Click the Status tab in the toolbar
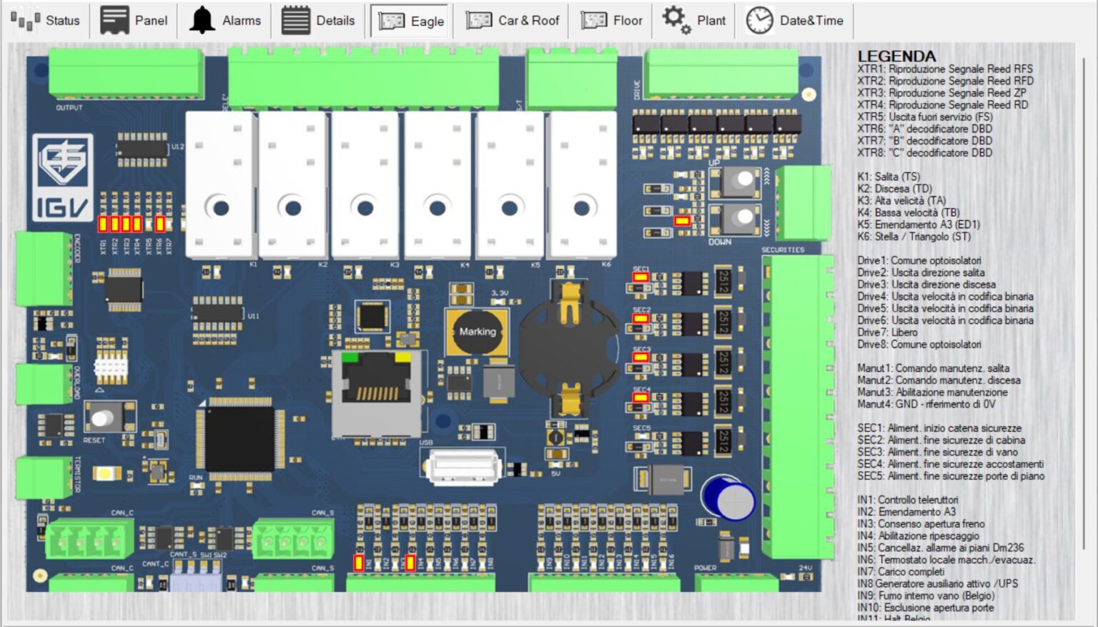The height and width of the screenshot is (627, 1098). (46, 21)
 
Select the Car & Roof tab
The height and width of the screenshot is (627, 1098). (513, 21)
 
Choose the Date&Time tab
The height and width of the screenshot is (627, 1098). (795, 21)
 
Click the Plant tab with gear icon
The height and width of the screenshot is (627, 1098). (693, 21)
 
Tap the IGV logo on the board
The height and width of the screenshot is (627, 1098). (62, 177)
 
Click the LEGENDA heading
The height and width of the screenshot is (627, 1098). (896, 56)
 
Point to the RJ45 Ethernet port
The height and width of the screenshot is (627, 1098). (376, 393)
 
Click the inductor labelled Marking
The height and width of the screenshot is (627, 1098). (477, 332)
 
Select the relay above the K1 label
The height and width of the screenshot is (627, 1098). (220, 184)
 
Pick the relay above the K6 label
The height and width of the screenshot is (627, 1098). (582, 184)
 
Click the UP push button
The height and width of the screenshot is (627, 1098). (740, 182)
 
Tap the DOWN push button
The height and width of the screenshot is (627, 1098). (740, 217)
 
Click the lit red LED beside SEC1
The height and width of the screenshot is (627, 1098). (640, 277)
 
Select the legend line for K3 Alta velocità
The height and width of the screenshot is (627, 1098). (901, 201)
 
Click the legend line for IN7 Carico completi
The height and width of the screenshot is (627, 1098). (901, 572)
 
